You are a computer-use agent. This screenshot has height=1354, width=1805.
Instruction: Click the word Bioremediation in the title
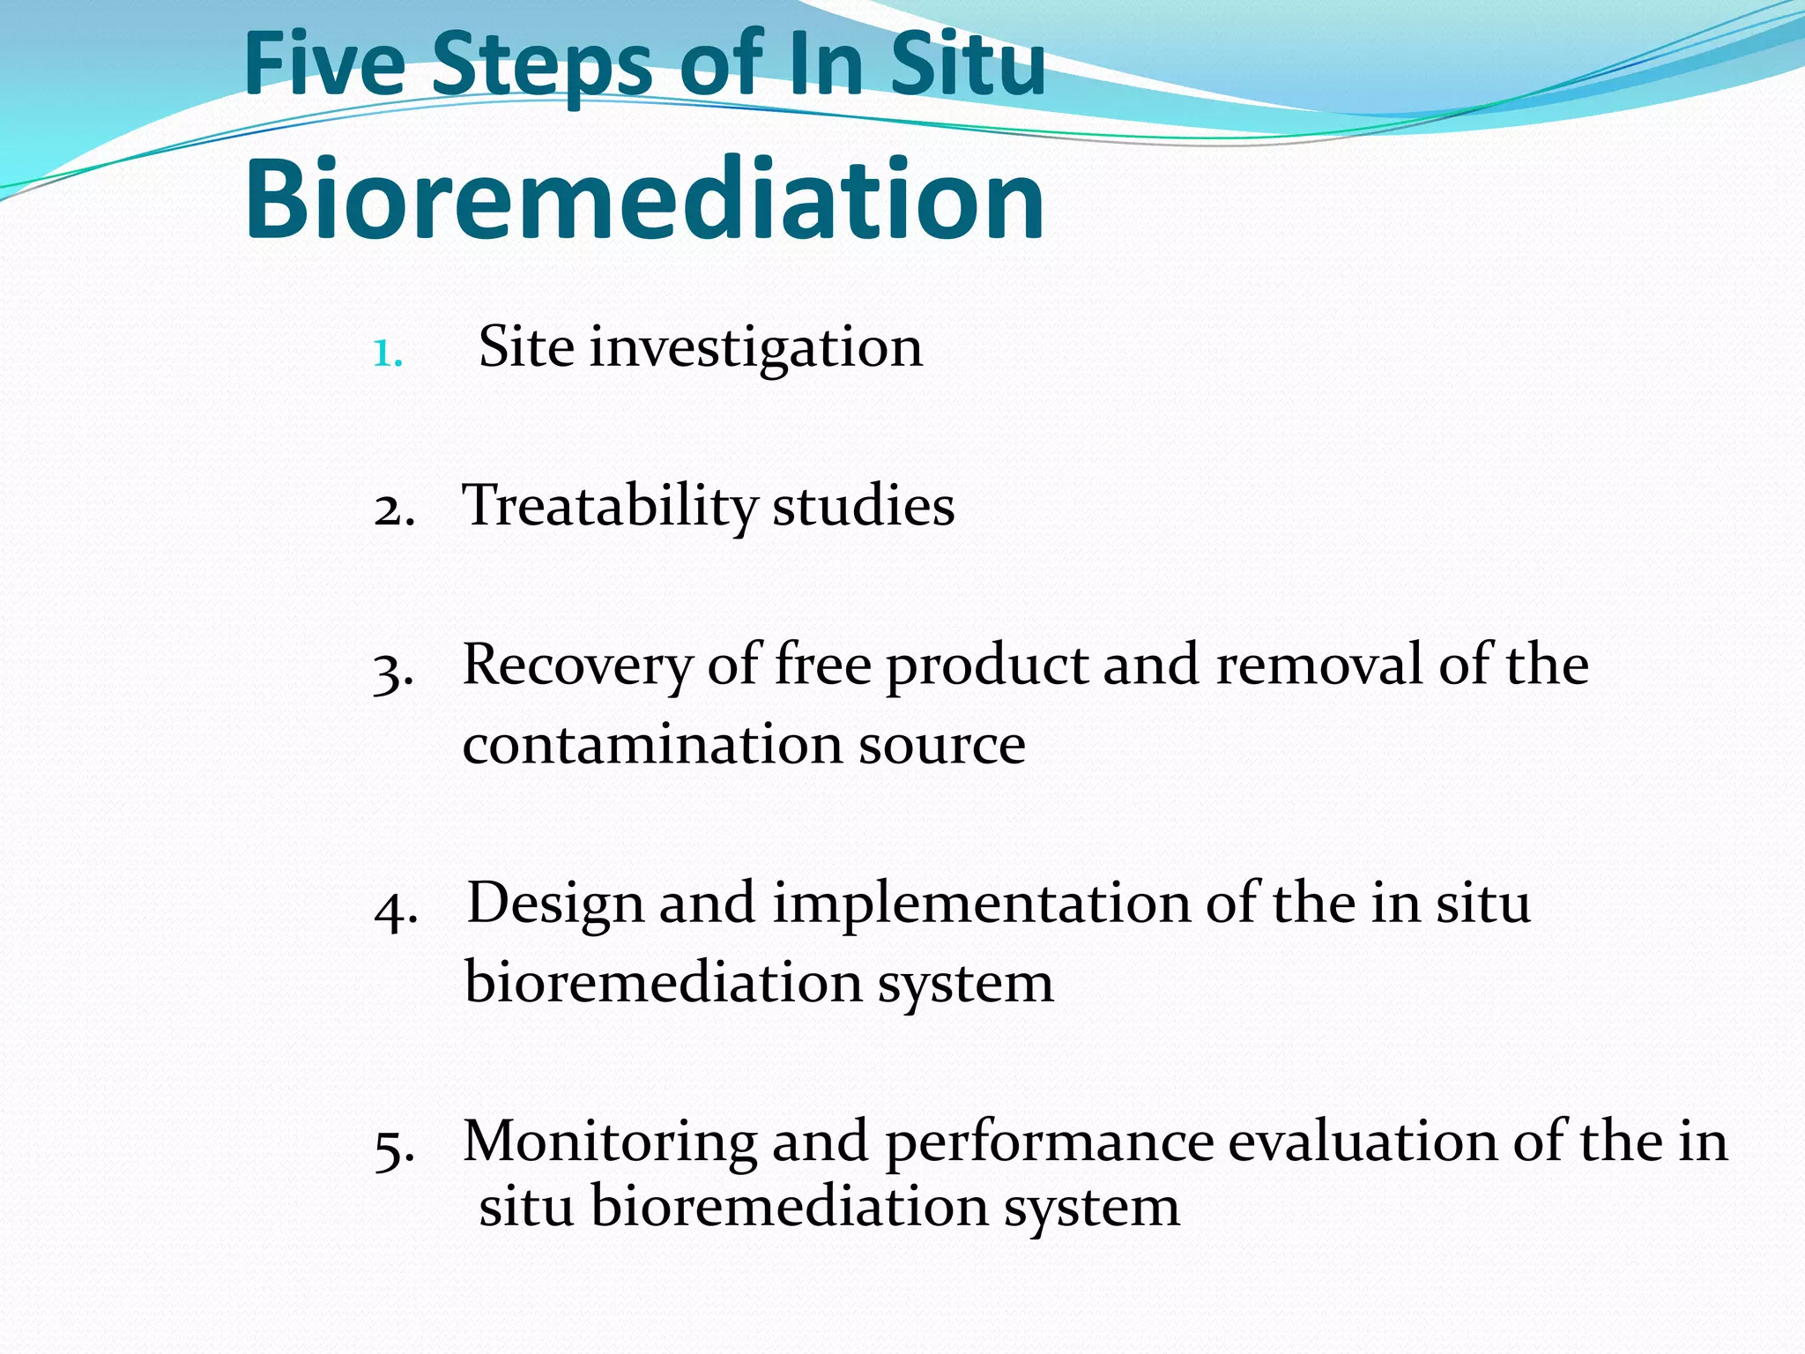click(x=644, y=199)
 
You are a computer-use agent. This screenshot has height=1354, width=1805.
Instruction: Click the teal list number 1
click(x=387, y=354)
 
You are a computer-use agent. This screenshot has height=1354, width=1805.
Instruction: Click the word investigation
click(x=755, y=348)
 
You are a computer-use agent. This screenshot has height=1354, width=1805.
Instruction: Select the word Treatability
click(x=609, y=508)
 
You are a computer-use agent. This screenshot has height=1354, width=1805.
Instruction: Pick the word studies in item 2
click(x=863, y=508)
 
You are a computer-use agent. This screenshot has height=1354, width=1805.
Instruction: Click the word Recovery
click(x=577, y=666)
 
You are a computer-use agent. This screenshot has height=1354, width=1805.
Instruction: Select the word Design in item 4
click(x=554, y=904)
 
